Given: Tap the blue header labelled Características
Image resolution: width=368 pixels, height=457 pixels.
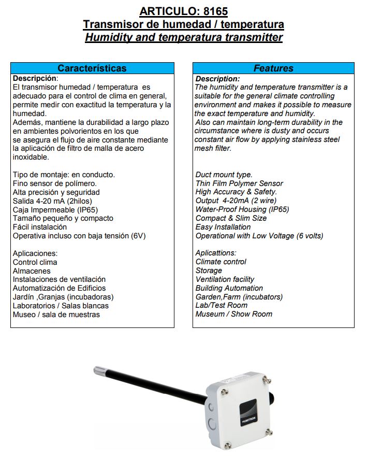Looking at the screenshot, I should tap(92, 68).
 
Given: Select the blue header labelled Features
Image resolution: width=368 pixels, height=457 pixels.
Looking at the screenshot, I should tap(273, 68).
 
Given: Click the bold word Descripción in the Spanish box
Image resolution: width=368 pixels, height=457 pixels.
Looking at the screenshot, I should tap(34, 78).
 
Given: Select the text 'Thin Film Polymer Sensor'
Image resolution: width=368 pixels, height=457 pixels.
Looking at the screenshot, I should tap(239, 183).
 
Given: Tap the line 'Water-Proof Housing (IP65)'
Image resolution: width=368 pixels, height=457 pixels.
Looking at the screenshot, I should tap(242, 209).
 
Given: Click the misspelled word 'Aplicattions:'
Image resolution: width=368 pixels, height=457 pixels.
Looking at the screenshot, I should tap(216, 253).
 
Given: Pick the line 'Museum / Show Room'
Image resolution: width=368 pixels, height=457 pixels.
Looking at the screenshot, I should tap(233, 314).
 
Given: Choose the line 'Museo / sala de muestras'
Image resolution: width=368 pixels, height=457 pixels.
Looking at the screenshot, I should tap(56, 315).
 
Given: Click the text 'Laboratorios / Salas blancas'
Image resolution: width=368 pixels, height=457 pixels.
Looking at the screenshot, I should tap(61, 306).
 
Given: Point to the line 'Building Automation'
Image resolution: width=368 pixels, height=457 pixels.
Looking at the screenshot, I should tap(229, 288).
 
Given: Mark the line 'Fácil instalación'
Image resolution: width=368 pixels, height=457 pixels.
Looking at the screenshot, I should tap(40, 227).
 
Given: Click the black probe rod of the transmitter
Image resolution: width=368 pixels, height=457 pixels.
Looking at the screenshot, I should tap(155, 386).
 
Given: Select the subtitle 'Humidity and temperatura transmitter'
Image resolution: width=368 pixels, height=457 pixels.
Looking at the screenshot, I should tap(184, 37).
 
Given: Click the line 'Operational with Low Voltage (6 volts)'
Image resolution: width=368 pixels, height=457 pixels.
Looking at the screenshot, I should tap(259, 236).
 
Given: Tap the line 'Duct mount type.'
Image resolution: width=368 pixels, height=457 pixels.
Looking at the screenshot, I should tap(224, 175).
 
